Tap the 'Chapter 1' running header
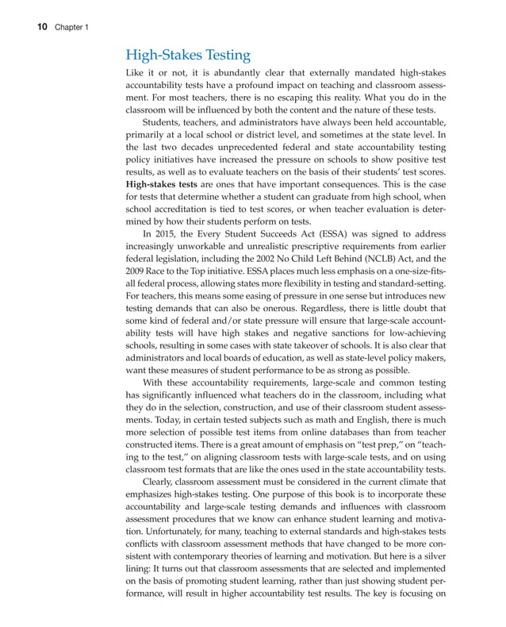72,28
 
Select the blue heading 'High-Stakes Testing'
188,56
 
